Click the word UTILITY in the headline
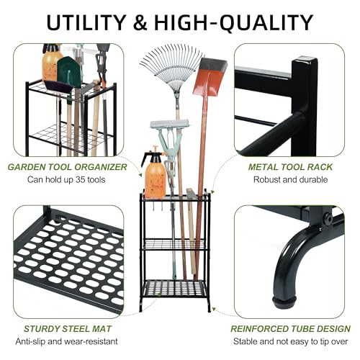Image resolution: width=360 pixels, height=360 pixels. pos(86,22)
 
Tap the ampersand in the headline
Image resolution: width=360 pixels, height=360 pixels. pos(140,22)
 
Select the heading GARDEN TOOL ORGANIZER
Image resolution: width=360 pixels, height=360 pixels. pos(68,167)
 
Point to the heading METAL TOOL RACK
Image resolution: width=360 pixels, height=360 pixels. pos(290,167)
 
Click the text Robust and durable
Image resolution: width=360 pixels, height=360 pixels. pos(290,179)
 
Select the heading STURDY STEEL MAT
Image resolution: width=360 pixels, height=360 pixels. pos(68,329)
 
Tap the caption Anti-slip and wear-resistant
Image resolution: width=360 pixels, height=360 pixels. pos(67,341)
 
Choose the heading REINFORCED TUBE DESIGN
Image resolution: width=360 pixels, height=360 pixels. pos(291,329)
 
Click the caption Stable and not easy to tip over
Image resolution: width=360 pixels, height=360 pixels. pos(291,341)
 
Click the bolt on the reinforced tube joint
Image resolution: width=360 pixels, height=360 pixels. pos(328,217)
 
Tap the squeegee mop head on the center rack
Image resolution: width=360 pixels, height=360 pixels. pos(171,124)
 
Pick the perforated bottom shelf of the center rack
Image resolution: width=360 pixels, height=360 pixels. pos(175,289)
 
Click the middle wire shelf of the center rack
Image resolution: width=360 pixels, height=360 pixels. pos(174,244)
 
